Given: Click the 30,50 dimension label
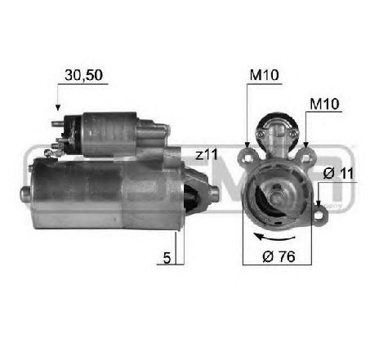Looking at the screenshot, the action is point(83,75).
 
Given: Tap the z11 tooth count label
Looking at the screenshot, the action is point(207,155).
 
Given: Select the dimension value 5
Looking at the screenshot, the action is point(167,257).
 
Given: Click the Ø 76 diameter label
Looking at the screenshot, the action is point(279,256).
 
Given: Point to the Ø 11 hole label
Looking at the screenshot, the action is point(338,173).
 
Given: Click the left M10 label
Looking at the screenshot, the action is point(264,75).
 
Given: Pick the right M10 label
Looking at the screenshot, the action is point(324,104).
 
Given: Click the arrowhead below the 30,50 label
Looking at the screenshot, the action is point(57,107).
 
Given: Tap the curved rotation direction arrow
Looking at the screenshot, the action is point(274,238).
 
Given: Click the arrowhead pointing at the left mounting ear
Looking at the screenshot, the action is point(247,145).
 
